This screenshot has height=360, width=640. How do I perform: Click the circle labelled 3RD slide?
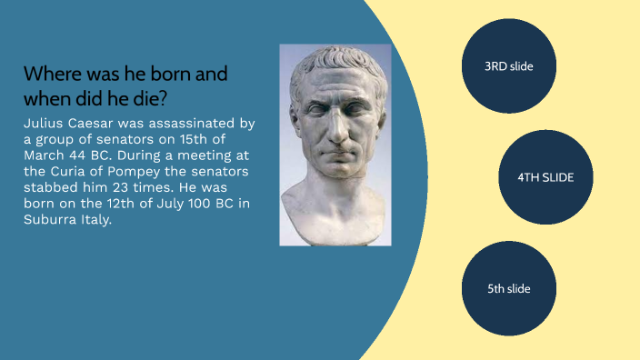(508, 65)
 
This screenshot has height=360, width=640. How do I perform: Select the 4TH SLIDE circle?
(545, 177)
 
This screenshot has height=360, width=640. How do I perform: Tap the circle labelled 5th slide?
(508, 288)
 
